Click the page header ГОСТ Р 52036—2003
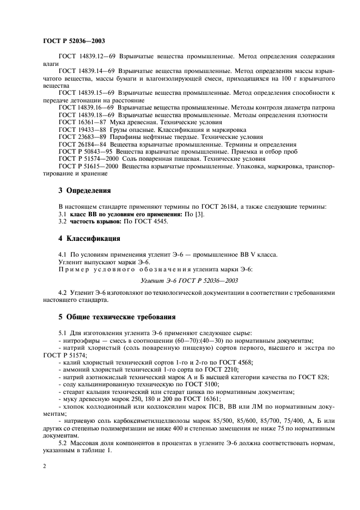[74, 41]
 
